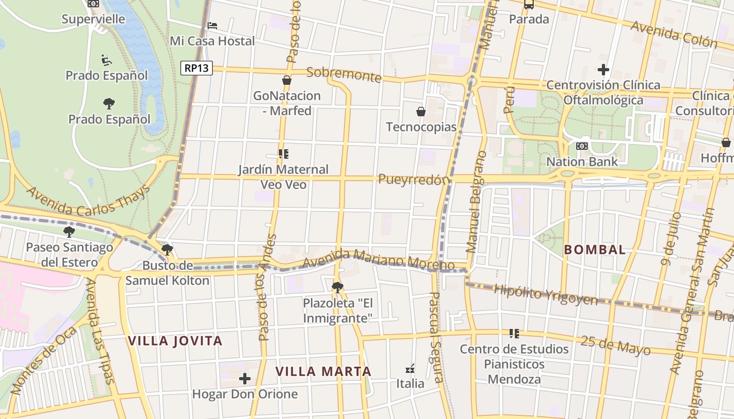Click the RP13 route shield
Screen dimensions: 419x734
tap(197, 68)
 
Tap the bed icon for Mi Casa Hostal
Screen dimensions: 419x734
tap(212, 25)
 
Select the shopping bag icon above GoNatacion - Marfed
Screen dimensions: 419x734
tap(286, 80)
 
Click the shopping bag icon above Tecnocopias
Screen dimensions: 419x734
tap(420, 112)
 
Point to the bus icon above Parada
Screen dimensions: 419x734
tap(529, 5)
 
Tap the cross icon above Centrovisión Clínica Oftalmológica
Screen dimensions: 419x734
tap(603, 69)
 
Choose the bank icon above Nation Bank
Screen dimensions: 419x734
tap(582, 146)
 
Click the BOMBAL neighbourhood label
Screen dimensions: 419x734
tap(595, 250)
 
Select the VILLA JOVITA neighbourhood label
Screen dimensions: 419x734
tap(176, 341)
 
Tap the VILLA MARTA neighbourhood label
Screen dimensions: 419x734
tap(323, 372)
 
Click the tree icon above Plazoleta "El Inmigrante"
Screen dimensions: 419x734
tap(338, 287)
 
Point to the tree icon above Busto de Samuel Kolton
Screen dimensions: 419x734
tap(167, 249)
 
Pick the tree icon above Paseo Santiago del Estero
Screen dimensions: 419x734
tap(69, 231)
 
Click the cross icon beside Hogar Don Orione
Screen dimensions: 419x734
tap(244, 378)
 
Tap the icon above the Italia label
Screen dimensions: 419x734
tap(411, 369)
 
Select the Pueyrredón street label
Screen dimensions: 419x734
tap(414, 179)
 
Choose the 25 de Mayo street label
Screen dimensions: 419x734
tap(616, 345)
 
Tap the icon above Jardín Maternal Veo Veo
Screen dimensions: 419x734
tap(284, 154)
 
